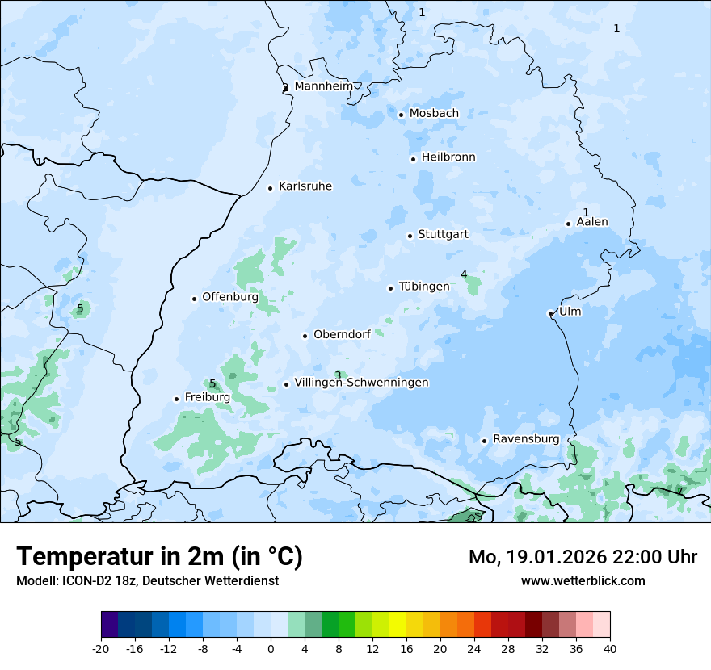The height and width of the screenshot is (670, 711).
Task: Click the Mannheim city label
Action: (323, 86)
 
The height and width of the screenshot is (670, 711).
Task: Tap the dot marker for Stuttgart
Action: (410, 236)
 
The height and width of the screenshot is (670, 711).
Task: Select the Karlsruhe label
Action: (305, 186)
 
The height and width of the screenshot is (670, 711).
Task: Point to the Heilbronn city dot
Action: (413, 159)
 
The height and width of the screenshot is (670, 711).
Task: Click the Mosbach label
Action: (433, 114)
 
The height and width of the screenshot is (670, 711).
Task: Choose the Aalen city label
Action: (592, 222)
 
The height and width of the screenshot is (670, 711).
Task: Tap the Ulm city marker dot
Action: (550, 313)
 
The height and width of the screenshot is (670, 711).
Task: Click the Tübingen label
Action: (423, 287)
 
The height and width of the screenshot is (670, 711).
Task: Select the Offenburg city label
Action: (229, 297)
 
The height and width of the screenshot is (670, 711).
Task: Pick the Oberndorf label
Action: (342, 334)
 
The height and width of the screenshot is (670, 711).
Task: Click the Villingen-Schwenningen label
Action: (361, 383)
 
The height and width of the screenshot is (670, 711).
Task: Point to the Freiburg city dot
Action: (176, 399)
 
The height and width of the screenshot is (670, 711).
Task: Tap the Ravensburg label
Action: (525, 439)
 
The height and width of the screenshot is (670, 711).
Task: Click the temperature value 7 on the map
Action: (679, 491)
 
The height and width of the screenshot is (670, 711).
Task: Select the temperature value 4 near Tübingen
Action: (464, 275)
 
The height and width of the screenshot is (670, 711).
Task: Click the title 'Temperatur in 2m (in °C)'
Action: (159, 556)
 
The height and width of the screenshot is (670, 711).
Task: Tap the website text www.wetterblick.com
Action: (583, 580)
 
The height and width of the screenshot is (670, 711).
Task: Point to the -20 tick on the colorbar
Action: (101, 648)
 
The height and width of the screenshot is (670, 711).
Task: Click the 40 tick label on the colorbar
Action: (609, 648)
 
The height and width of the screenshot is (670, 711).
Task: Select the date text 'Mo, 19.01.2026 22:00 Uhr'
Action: (583, 557)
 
